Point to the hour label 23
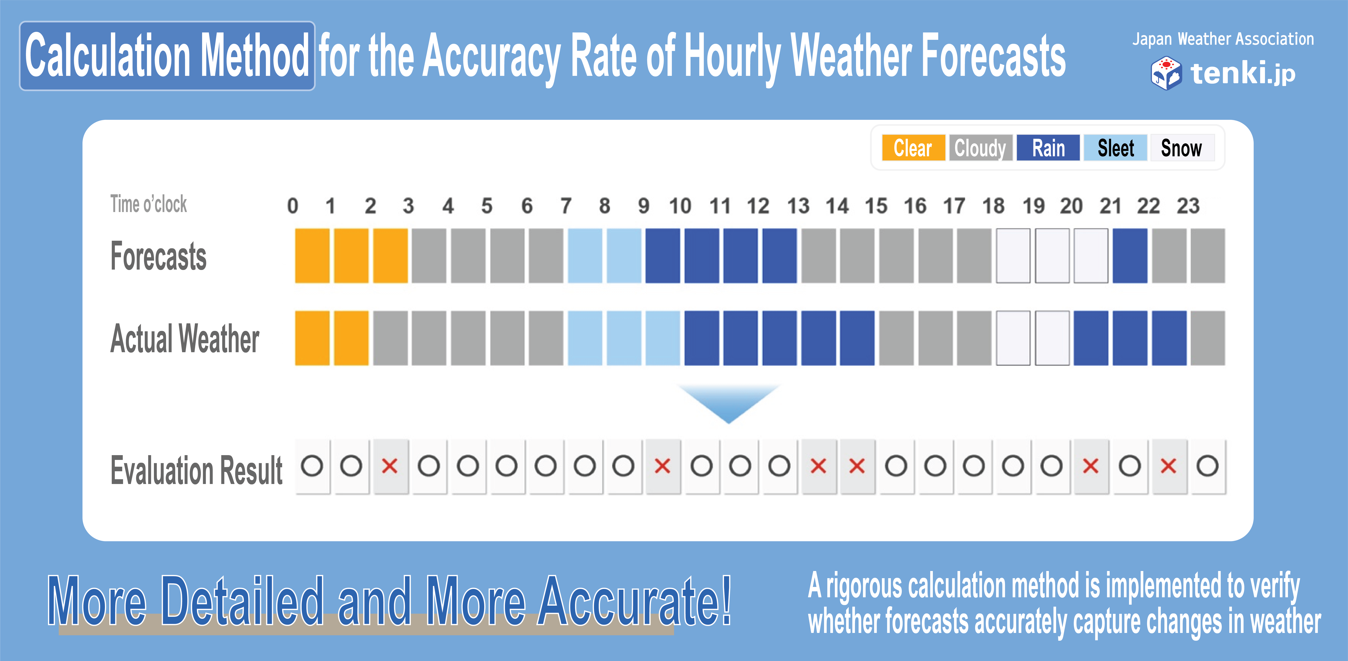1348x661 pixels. coord(1188,206)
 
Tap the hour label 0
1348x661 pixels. coord(292,206)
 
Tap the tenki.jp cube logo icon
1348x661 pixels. coord(1166,73)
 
